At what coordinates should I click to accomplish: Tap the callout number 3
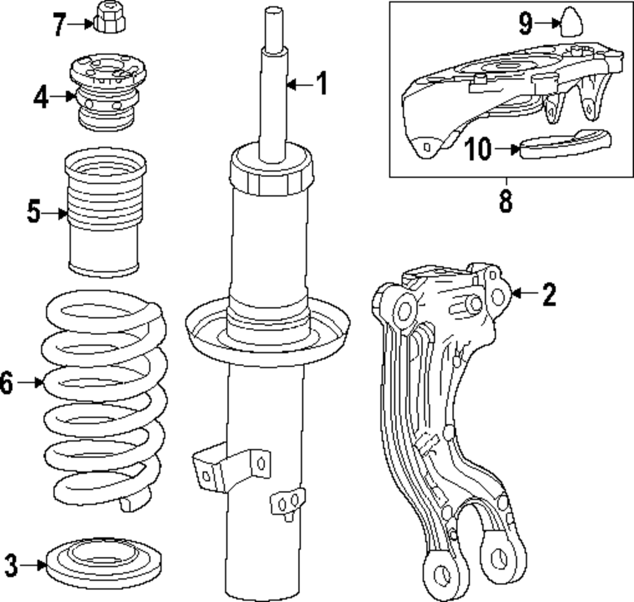[11, 564]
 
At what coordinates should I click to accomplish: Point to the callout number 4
[42, 97]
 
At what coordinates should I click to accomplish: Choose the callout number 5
[34, 212]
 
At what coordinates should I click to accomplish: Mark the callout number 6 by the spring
[6, 383]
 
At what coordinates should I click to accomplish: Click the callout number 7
[60, 25]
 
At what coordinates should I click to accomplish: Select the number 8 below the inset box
[505, 200]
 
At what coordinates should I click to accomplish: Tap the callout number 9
[526, 23]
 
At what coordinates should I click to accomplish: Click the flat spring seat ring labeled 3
[105, 563]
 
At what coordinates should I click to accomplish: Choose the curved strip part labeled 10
[564, 142]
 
